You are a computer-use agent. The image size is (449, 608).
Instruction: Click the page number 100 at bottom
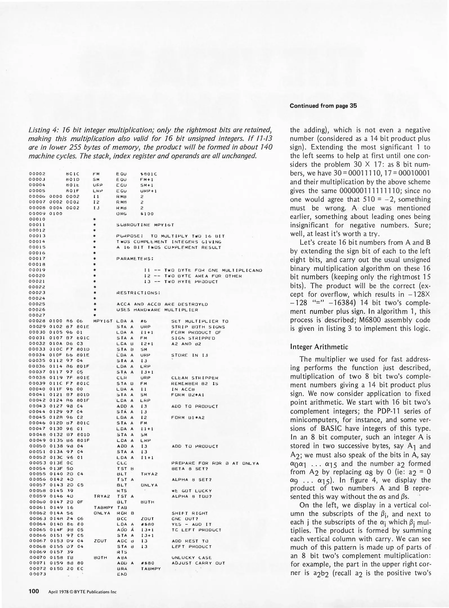34,591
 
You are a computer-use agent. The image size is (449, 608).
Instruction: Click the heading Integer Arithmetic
319,347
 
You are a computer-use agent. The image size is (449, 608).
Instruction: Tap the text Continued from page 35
323,106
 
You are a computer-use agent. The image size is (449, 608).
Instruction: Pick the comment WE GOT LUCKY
191,491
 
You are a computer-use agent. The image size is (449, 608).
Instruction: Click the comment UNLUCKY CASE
191,558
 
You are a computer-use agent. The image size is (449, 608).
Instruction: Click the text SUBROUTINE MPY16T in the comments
145,225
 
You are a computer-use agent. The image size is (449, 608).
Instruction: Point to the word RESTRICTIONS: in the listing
138,293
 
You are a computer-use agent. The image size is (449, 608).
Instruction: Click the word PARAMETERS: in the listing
135,258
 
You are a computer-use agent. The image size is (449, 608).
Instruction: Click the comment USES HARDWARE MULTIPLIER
157,310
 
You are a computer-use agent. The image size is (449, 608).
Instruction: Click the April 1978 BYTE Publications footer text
82,592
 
